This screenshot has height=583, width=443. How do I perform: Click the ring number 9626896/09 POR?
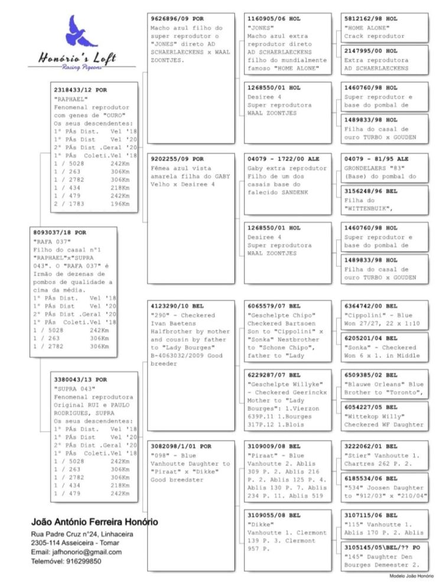click(x=177, y=19)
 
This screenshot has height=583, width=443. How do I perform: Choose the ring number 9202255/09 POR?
click(x=177, y=159)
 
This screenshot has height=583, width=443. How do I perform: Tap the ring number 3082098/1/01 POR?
click(x=181, y=446)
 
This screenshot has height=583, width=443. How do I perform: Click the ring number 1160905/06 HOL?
click(x=273, y=19)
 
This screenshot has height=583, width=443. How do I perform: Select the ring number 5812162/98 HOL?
click(x=371, y=19)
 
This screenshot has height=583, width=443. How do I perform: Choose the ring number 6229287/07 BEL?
click(x=273, y=375)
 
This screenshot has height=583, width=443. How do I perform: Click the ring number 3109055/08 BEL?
click(x=273, y=515)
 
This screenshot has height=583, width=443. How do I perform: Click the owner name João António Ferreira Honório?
click(x=94, y=523)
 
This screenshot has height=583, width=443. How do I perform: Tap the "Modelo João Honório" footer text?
click(x=411, y=575)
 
